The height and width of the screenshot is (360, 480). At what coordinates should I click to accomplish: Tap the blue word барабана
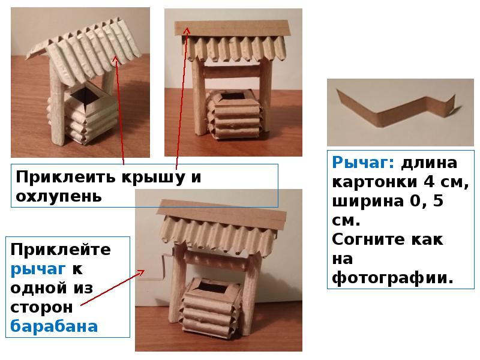(x=54, y=326)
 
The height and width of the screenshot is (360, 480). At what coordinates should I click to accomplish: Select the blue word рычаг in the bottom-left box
(x=38, y=269)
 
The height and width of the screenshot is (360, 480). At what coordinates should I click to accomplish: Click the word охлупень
(x=58, y=197)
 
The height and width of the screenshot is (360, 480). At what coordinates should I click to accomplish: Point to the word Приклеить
(x=66, y=177)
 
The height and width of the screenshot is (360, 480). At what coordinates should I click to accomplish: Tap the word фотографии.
(x=392, y=278)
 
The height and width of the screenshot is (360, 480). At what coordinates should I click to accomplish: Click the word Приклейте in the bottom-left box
(x=61, y=250)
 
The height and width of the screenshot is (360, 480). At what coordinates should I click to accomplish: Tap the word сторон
(x=41, y=307)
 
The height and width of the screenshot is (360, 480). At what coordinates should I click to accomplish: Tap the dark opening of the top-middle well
(x=233, y=97)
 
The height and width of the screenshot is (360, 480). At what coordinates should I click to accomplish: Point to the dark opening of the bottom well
(x=211, y=287)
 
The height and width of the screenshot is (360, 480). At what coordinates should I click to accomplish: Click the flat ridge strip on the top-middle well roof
(x=232, y=28)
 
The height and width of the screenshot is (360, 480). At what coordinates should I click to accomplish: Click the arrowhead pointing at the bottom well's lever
(x=142, y=272)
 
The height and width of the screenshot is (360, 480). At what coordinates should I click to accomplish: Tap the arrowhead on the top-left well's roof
(x=115, y=58)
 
